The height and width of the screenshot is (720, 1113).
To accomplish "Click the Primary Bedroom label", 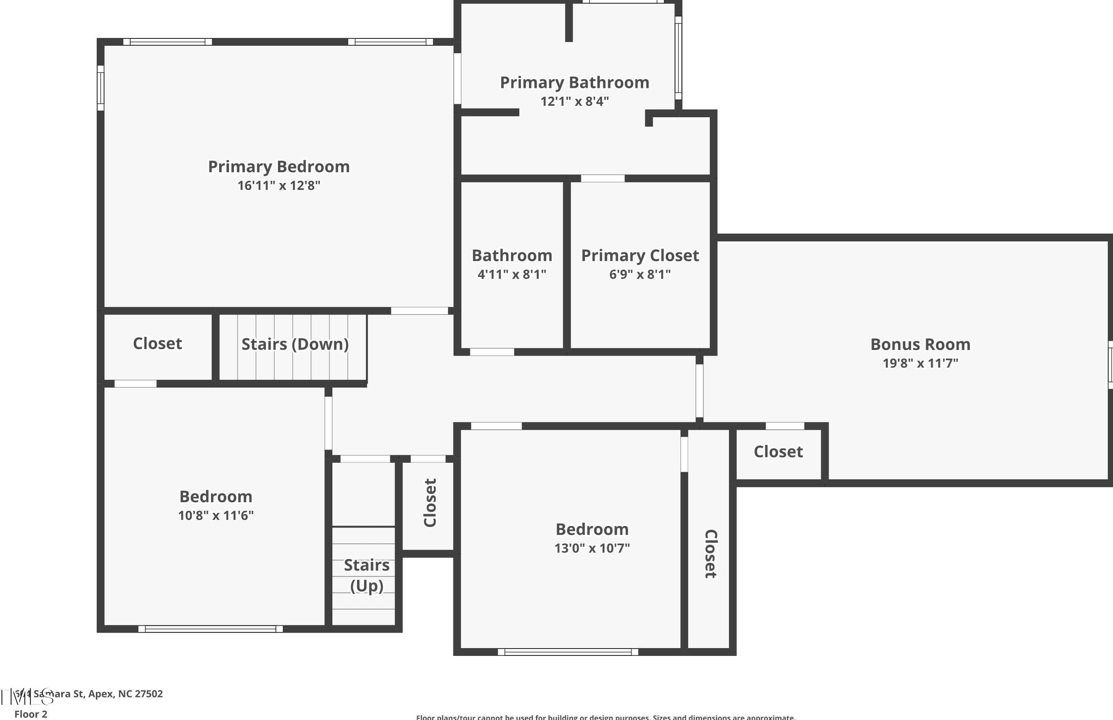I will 278,167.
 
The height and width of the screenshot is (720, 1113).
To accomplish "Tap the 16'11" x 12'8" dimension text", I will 278,185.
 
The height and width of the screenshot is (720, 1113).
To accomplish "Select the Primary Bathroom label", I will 574,82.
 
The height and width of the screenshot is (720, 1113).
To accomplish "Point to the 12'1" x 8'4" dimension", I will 574,101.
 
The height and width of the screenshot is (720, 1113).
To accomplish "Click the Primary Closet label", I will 640,255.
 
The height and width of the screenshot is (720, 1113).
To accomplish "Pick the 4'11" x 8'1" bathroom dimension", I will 512,274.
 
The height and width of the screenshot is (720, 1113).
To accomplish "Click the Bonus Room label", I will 920,344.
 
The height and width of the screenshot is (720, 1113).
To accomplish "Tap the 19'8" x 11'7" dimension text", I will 920,363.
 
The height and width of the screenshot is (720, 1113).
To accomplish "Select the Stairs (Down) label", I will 295,344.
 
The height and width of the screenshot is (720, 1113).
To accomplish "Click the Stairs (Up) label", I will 367,575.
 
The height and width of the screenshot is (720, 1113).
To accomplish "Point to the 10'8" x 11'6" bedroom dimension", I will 215,515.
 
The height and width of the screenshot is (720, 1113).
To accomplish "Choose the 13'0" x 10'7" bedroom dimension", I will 592,548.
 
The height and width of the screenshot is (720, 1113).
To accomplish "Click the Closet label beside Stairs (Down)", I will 158,343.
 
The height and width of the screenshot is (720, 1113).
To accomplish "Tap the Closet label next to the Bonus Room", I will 778,451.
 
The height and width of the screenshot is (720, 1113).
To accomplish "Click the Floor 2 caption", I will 31,714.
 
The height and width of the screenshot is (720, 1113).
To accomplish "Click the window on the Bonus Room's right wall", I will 1110,364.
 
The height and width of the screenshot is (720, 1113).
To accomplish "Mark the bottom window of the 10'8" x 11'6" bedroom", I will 210,629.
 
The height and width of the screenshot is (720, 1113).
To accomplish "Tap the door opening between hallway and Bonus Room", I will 699,390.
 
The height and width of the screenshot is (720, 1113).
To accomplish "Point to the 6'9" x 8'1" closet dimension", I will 640,274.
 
